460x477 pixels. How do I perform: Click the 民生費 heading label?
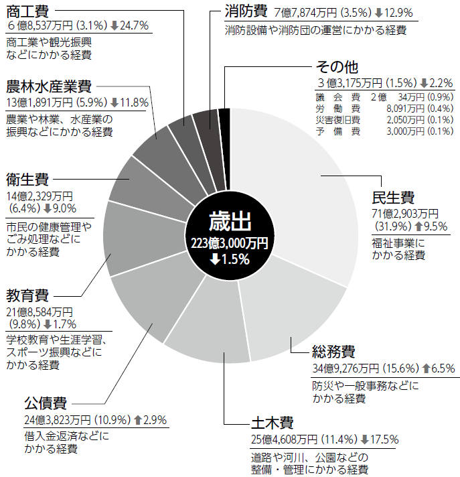(x=393, y=198)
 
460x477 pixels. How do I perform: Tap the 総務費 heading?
(x=333, y=352)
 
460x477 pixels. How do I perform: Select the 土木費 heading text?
(x=272, y=423)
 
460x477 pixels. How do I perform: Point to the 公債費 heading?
(x=46, y=403)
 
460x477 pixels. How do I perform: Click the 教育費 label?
(x=27, y=295)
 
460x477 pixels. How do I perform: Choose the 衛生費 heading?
(x=27, y=180)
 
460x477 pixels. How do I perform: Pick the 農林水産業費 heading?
(x=49, y=86)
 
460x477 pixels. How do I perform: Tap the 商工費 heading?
(x=27, y=11)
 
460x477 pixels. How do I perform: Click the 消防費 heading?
(x=246, y=11)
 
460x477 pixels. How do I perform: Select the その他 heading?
(x=337, y=67)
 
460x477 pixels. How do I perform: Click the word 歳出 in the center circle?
(x=230, y=222)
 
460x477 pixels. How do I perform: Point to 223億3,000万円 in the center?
(x=230, y=243)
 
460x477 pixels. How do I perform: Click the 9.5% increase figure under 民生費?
(x=435, y=226)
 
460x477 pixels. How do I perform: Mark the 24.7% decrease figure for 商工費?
(x=134, y=25)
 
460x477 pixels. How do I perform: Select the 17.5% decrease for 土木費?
(x=384, y=439)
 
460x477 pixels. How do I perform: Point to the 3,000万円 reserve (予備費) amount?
(x=406, y=131)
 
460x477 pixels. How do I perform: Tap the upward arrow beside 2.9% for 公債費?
(x=138, y=420)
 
